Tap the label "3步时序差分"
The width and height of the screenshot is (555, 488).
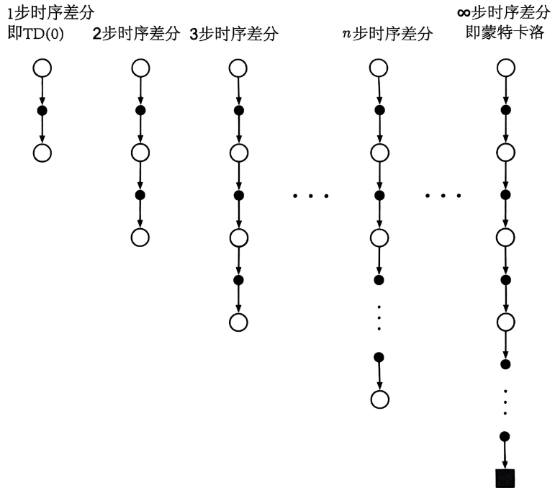point(234,35)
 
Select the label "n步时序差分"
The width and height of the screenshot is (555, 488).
point(388,35)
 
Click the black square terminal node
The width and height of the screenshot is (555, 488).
point(505,476)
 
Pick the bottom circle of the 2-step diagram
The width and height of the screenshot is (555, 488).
point(140,237)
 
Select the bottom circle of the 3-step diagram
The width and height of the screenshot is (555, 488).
point(238,321)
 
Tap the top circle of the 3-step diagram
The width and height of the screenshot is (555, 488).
point(238,68)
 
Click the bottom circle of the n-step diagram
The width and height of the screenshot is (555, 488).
point(379,399)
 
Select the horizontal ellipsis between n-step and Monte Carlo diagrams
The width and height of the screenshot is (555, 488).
point(443,196)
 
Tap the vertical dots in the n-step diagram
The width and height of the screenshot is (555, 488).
point(379,317)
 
